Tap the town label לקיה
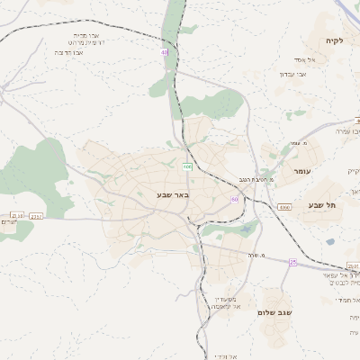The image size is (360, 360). (x=337, y=41)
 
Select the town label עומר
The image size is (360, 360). (x=301, y=170)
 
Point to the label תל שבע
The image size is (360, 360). (x=322, y=205)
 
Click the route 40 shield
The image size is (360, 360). (x=165, y=53)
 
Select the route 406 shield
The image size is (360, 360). (x=187, y=166)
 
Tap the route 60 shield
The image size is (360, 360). (x=235, y=199)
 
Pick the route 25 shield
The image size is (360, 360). (x=292, y=261)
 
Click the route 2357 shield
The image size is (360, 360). (x=37, y=217)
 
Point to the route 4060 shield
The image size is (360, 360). (x=284, y=207)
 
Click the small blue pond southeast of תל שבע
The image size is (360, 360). (x=330, y=241)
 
